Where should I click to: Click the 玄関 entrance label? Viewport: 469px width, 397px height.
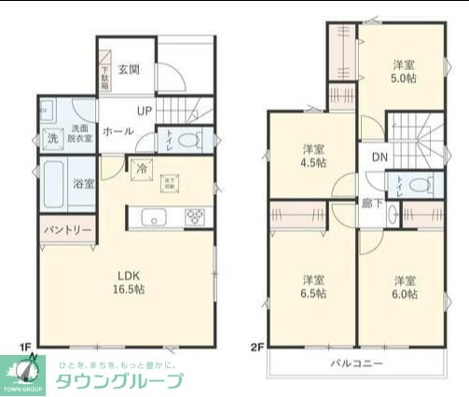129,69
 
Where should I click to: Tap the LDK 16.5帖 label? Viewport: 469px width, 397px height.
128,282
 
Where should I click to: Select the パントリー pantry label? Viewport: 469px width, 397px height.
66,229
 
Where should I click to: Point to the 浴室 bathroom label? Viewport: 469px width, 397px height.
84,184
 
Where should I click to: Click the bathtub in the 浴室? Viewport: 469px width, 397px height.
52,185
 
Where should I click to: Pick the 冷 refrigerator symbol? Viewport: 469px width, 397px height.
141,169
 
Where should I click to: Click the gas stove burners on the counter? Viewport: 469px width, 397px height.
196,218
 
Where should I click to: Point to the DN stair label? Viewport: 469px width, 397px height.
379,157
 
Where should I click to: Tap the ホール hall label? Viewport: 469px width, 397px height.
117,131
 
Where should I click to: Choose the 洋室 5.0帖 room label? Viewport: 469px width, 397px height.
403,72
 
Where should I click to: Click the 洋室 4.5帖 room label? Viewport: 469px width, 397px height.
313,156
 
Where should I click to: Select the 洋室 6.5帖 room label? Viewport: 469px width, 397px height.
313,286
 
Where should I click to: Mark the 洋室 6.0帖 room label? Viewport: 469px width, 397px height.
404,286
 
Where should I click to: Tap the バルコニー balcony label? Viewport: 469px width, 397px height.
357,363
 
